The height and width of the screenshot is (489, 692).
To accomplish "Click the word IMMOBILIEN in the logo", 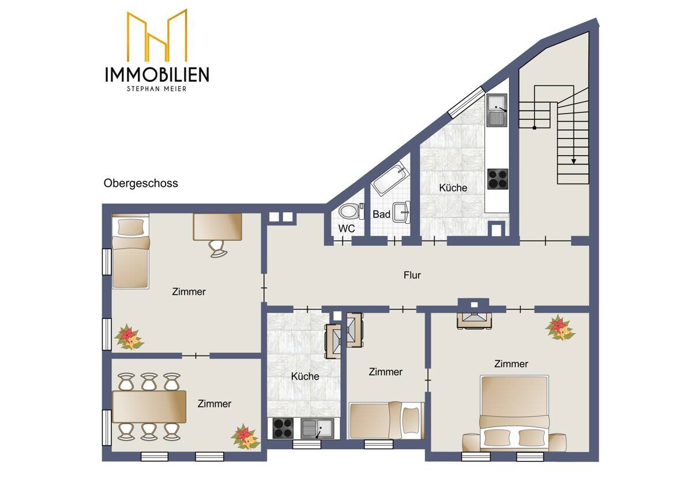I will (157, 74).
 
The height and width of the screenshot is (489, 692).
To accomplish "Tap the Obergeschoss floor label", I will (141, 183).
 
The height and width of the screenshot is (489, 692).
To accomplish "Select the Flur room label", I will (412, 275).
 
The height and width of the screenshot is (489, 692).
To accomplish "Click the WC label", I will (347, 228).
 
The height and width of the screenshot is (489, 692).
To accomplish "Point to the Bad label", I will (381, 215).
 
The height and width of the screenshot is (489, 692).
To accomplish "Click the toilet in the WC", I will (351, 210).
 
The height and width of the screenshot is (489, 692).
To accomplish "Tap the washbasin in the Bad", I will (402, 212).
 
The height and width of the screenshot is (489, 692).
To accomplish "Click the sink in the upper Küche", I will (497, 111).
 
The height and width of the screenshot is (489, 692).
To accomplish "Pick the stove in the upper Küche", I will (498, 179).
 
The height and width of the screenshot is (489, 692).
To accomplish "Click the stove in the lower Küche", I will (283, 428).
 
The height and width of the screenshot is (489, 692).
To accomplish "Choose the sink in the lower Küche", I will (317, 428).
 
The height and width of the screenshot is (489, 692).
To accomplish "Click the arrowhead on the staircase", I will (574, 161).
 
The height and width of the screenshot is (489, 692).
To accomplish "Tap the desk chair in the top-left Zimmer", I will (217, 248).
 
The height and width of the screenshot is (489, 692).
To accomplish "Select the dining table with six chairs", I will (149, 407).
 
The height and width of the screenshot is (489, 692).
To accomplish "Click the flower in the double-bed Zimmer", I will (559, 328).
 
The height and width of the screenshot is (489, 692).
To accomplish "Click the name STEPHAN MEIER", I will (157, 88).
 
